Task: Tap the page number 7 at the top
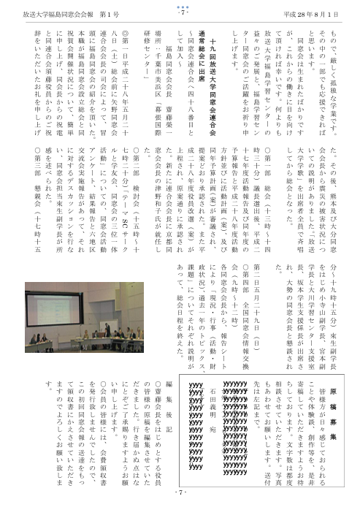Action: [x=180, y=13]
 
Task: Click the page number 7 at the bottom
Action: [x=180, y=493]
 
